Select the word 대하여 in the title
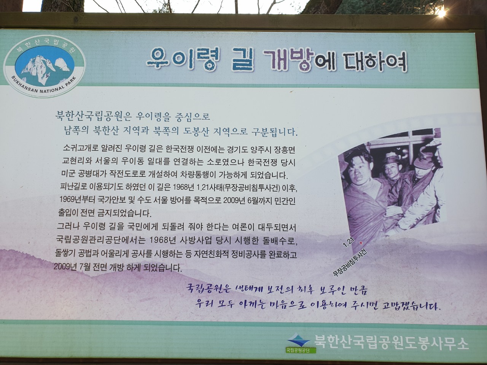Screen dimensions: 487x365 [376, 62]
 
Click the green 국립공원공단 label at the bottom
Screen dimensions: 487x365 [301, 351]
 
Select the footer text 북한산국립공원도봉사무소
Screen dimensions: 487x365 [392, 343]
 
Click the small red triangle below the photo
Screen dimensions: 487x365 [361, 243]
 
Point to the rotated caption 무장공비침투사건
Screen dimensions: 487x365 [350, 263]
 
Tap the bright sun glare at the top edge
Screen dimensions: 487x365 [441, 13]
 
